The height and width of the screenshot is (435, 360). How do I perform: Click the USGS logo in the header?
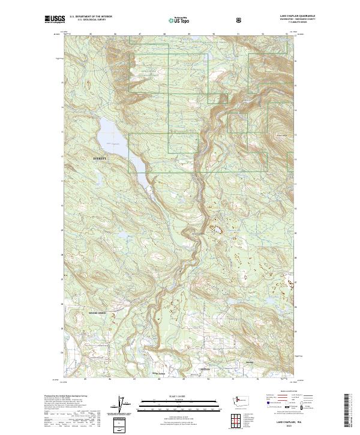click(54, 19)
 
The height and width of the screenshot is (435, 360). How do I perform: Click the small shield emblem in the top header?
click(239, 19)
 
